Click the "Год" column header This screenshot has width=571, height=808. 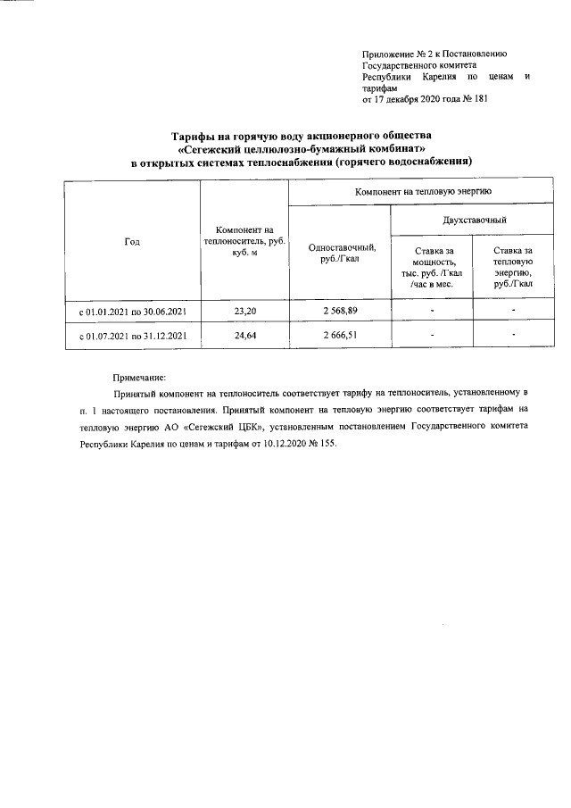click(132, 242)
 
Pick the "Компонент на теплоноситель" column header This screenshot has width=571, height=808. click(244, 241)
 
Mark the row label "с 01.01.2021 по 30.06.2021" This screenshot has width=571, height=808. click(132, 312)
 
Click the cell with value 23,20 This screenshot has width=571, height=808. click(244, 312)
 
